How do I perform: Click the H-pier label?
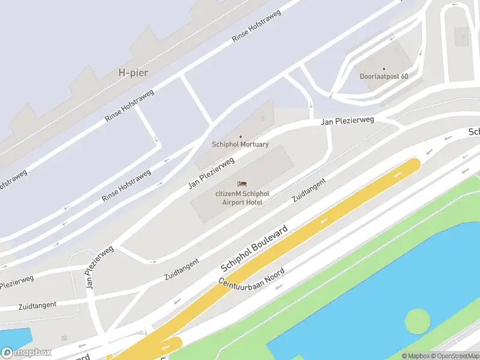(133, 73)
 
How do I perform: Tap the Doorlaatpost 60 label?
(384, 76)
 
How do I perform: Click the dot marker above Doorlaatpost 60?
(384, 68)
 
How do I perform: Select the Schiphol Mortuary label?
(240, 145)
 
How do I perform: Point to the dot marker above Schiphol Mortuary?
(241, 137)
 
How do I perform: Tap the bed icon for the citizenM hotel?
(242, 184)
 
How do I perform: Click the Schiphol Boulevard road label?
(254, 248)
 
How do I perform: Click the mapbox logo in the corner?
(26, 353)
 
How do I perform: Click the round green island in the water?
(418, 322)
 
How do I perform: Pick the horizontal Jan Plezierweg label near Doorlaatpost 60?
(347, 121)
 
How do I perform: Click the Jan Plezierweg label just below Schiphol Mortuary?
(211, 173)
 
